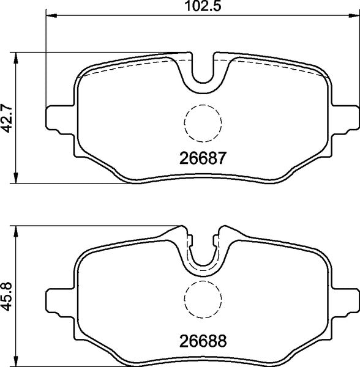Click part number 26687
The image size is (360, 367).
coord(203,158)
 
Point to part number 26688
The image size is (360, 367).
coord(203,339)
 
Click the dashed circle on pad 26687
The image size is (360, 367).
coord(203,122)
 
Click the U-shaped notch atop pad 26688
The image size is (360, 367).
coord(203,254)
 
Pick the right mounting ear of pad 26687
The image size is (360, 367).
coord(349,119)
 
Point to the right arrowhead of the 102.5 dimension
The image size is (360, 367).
coord(354,15)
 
